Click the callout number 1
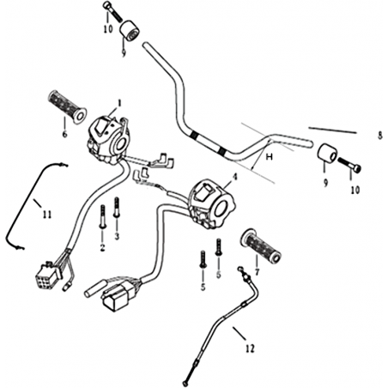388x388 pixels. [x=119, y=103]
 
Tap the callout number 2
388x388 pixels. [x=102, y=248]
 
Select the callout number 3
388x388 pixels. [x=117, y=236]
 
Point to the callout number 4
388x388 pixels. [x=235, y=177]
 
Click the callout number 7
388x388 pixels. [x=257, y=272]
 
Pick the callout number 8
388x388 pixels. [x=379, y=136]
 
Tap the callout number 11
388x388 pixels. [x=47, y=215]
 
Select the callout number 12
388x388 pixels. [x=250, y=349]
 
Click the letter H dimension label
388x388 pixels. [x=270, y=156]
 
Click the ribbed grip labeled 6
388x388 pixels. [x=67, y=107]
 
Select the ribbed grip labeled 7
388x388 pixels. [x=261, y=246]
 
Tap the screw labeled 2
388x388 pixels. [x=103, y=216]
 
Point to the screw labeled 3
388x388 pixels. [x=116, y=208]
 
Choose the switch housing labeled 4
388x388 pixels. [x=213, y=203]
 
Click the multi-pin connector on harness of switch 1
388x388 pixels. [x=47, y=273]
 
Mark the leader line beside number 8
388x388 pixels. [x=332, y=130]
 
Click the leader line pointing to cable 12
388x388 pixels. [x=239, y=333]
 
